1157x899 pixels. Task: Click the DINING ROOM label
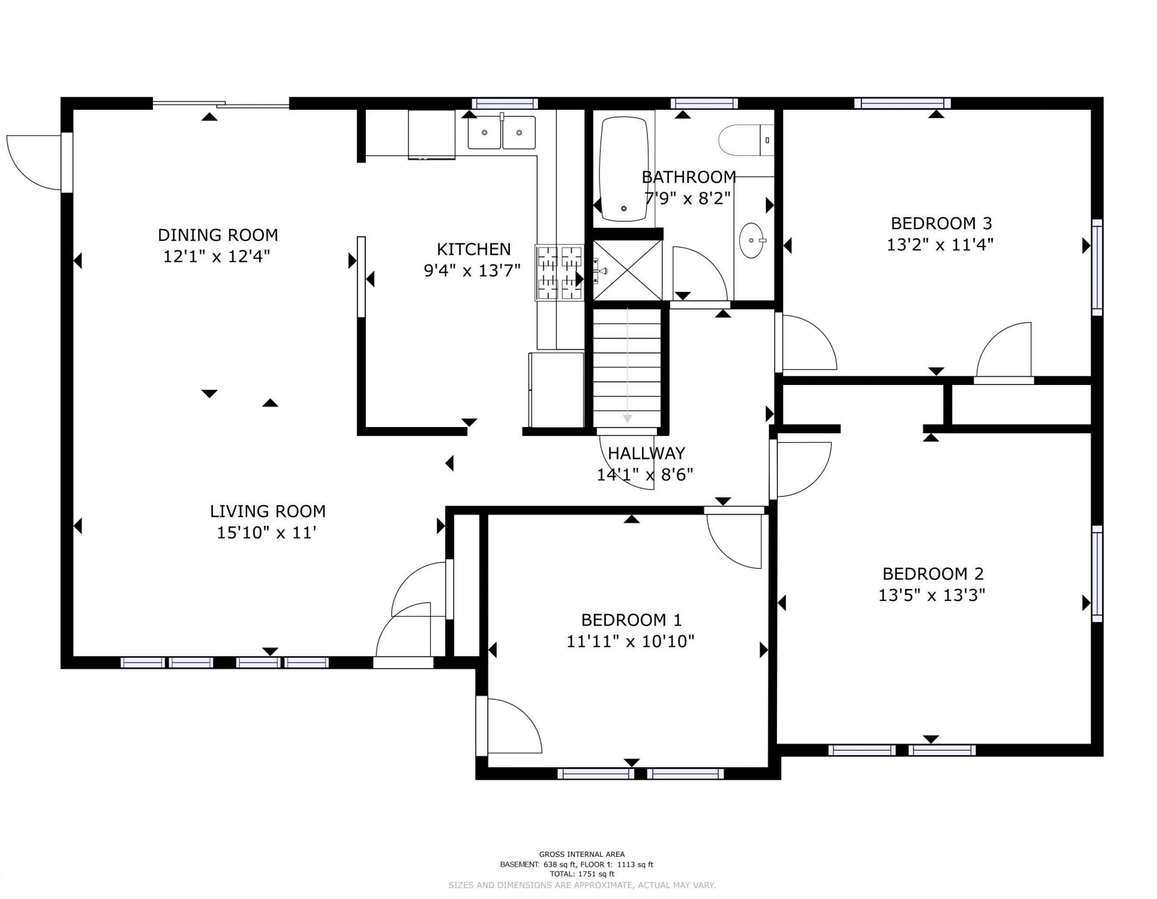217,235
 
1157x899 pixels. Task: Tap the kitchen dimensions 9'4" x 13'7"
472,271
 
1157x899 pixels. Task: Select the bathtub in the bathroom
624,168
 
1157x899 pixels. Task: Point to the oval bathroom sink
752,240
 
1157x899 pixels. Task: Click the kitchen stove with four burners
560,273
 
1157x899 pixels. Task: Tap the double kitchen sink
502,132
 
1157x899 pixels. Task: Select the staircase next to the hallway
627,368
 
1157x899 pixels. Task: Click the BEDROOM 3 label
941,224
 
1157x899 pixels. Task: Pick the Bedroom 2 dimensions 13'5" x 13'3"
932,595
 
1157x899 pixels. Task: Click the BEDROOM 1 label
631,620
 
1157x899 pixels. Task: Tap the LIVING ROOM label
268,512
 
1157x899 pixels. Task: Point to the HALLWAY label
646,453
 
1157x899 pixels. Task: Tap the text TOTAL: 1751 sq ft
582,874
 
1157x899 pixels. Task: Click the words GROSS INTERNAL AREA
582,854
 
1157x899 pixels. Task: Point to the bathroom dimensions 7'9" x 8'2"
687,199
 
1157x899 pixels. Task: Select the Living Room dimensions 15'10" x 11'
266,533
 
